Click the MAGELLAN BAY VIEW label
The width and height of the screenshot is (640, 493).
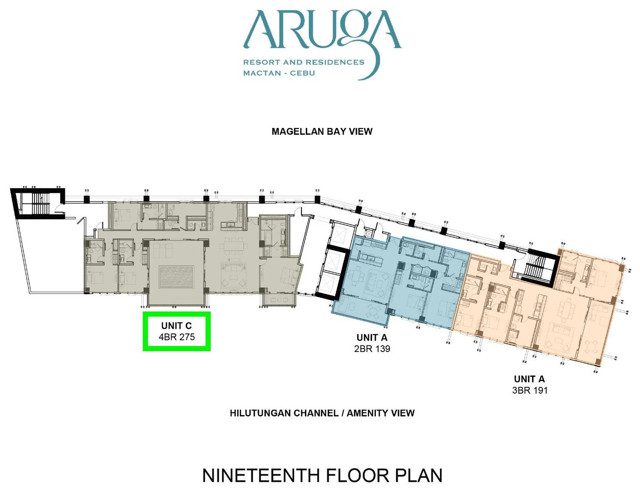click(322, 131)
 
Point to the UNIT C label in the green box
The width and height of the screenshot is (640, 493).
click(176, 326)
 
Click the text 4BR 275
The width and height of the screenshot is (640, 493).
click(177, 337)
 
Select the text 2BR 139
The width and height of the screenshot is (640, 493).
click(372, 348)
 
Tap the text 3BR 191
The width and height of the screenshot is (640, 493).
click(529, 390)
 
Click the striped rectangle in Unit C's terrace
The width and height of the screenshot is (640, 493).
click(176, 277)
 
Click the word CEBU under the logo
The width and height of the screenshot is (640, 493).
click(303, 73)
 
